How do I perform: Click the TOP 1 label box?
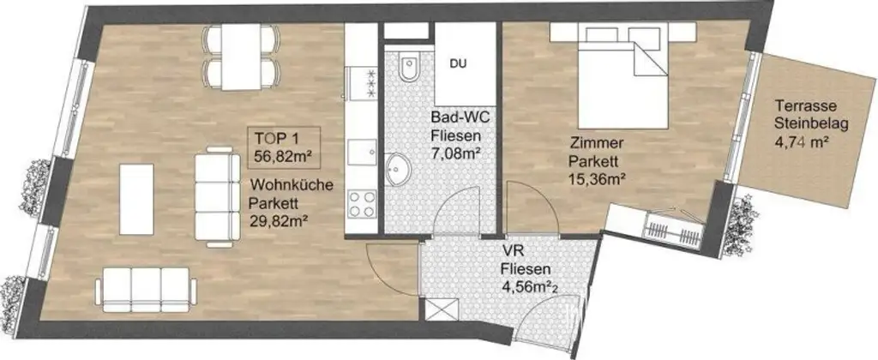coord(282,147)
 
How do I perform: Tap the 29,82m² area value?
coord(279,220)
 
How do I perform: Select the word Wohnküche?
coord(286,184)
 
